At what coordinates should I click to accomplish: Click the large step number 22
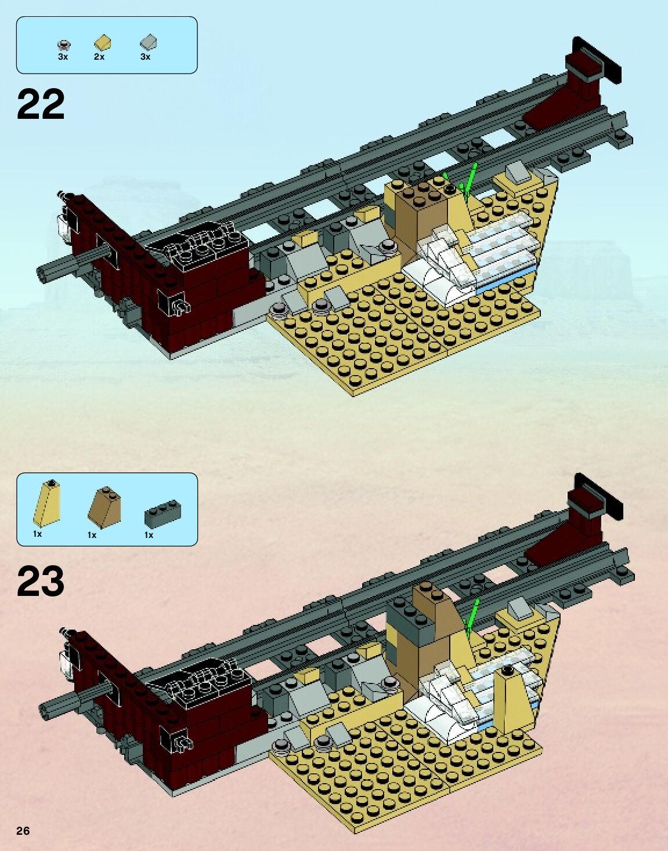coord(41,104)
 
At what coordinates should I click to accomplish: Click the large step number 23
coord(41,581)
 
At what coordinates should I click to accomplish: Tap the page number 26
coord(23,831)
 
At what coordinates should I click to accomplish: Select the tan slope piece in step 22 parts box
coord(103,42)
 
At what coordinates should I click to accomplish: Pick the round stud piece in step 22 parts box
coord(64,43)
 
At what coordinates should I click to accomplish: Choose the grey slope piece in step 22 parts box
coord(149,42)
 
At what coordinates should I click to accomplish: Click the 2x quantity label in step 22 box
coord(99,57)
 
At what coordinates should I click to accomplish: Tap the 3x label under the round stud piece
coord(63,57)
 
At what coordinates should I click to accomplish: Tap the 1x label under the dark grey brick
coord(149,535)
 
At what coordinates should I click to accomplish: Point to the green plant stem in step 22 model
coord(472,177)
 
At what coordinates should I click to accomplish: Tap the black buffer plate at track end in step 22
coord(598,59)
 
